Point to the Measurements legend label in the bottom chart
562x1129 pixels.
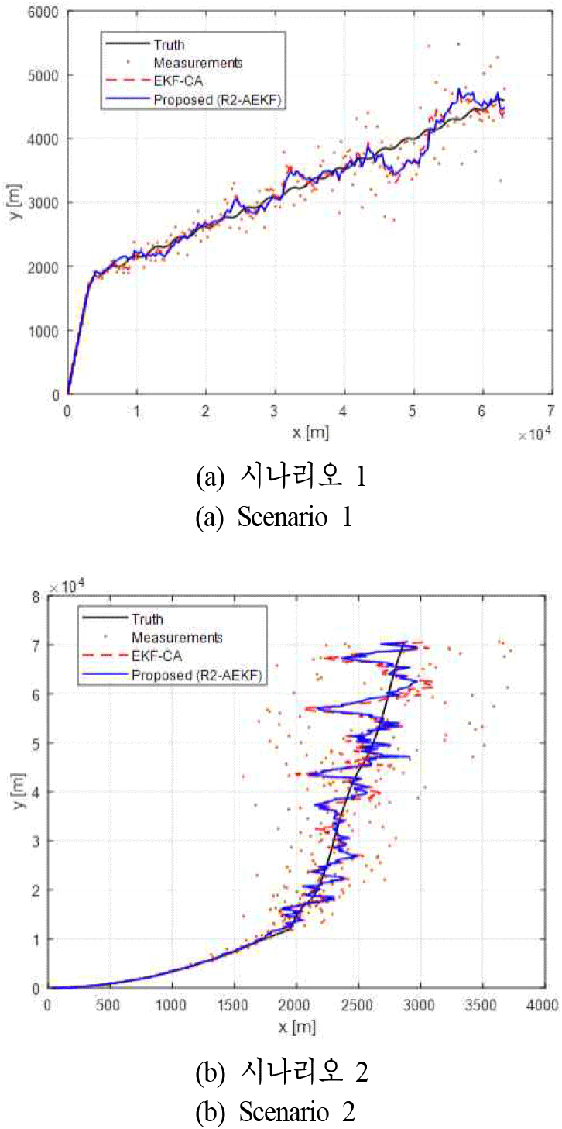(176, 638)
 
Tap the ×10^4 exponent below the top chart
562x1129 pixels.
(535, 435)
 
